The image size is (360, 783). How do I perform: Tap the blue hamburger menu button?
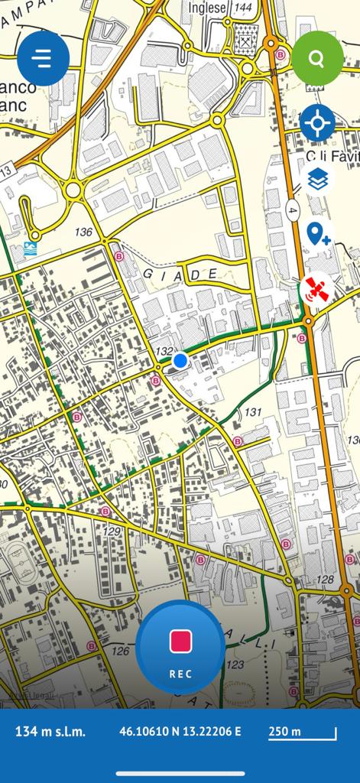(x=43, y=58)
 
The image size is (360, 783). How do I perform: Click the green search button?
(x=317, y=58)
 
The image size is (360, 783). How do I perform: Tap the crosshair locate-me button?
(x=317, y=123)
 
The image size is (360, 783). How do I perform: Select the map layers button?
(x=318, y=180)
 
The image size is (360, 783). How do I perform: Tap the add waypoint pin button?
(x=317, y=233)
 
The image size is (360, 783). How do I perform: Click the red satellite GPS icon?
(x=317, y=290)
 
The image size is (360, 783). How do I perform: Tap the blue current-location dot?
(x=180, y=360)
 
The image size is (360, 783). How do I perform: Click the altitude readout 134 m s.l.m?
(x=50, y=732)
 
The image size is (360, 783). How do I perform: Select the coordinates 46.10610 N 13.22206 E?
(x=180, y=732)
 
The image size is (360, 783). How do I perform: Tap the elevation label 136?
(x=83, y=232)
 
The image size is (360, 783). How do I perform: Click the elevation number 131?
(x=252, y=412)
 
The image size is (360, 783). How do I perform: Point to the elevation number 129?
(x=112, y=531)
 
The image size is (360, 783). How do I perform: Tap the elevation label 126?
(x=120, y=651)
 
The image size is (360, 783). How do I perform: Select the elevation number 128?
(x=325, y=580)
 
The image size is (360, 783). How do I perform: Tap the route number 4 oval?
(x=293, y=209)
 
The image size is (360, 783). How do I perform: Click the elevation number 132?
(x=164, y=351)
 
